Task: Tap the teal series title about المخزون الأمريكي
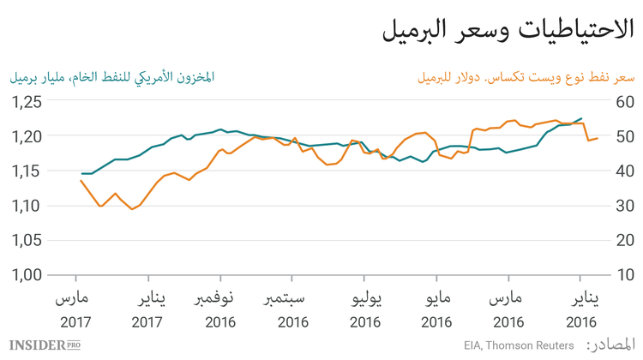(111, 77)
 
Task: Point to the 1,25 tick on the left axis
(27, 102)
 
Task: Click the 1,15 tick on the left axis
(27, 171)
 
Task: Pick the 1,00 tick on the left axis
(27, 275)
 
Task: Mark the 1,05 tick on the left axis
(27, 241)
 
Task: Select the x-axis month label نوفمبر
(220, 299)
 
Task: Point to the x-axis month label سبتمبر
(292, 299)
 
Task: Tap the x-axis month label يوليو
(364, 299)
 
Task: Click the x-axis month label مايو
(436, 299)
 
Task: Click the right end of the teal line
(581, 118)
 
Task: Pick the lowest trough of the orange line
(133, 209)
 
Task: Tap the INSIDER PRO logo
(46, 345)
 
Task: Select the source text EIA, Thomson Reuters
(520, 345)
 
